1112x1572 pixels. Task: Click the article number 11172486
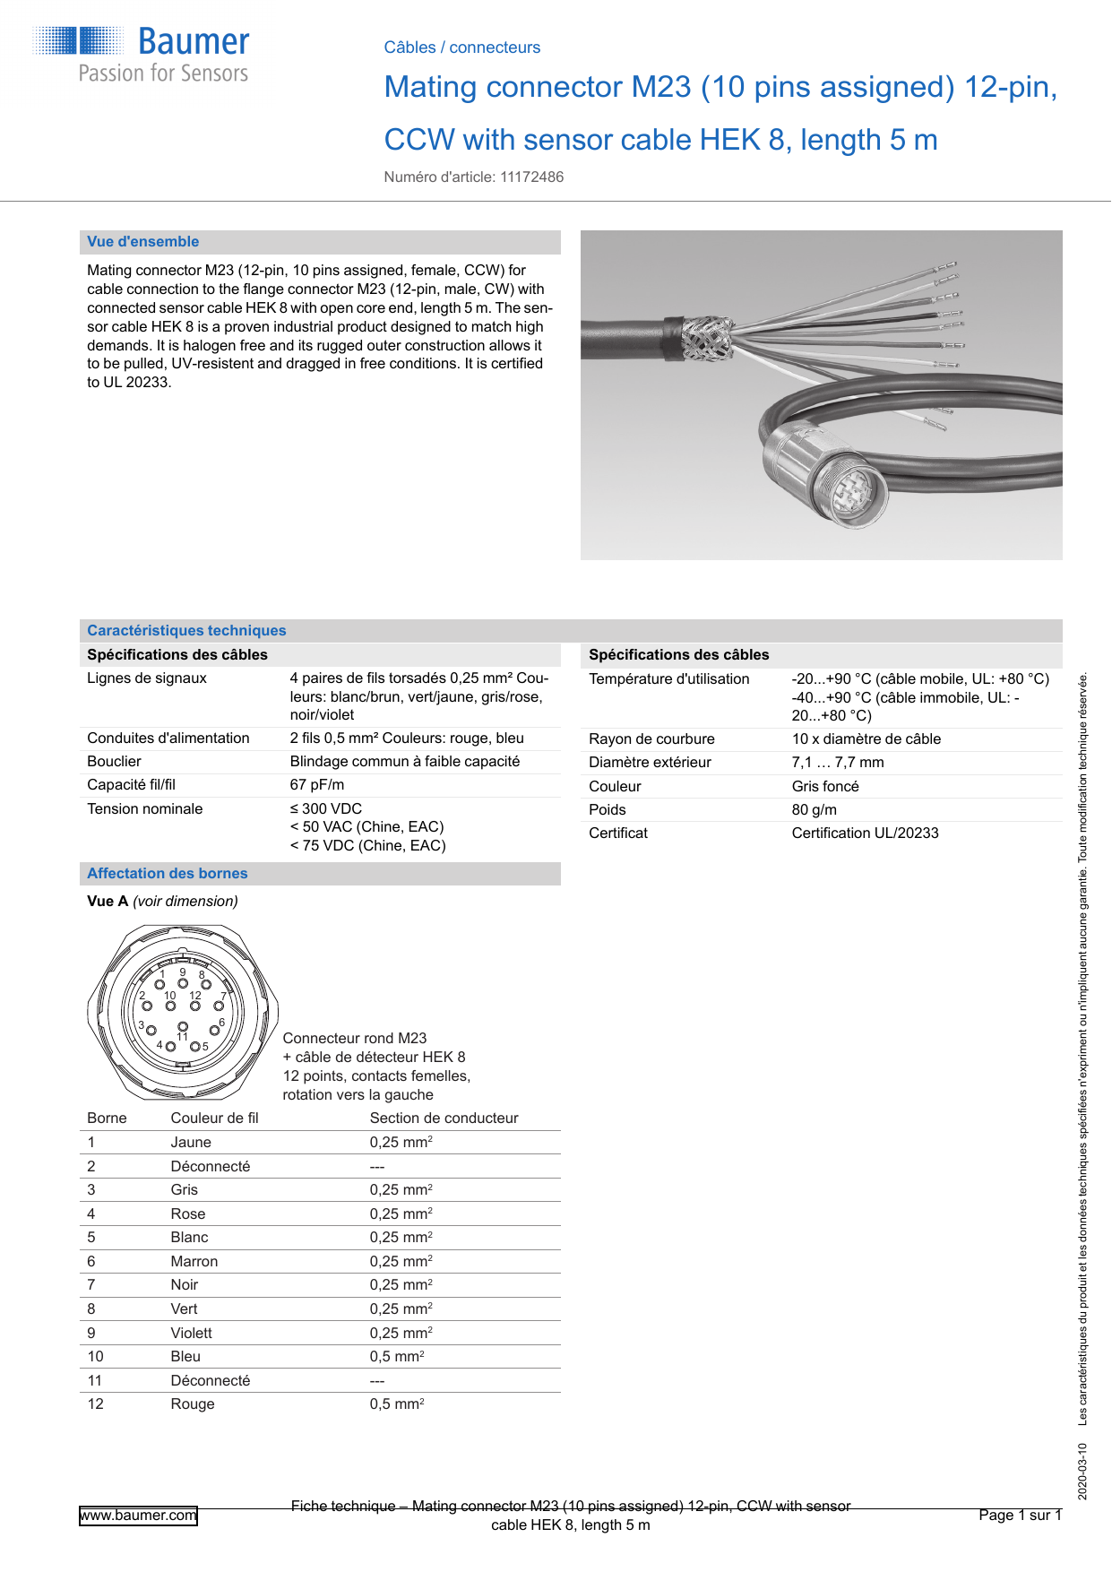[x=531, y=177]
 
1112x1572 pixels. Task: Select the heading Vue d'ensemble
[x=143, y=242]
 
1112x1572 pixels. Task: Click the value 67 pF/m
[x=316, y=785]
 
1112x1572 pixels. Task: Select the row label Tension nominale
[x=144, y=809]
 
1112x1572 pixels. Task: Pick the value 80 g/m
[x=814, y=810]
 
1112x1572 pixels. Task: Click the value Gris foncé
[x=824, y=787]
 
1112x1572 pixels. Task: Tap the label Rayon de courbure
[x=651, y=739]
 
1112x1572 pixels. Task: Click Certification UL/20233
[x=865, y=834]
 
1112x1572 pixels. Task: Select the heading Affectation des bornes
[x=168, y=874]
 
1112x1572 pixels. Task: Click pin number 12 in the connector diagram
[x=195, y=996]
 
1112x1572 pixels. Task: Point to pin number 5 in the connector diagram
[x=204, y=1046]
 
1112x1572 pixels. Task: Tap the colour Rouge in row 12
[x=193, y=1404]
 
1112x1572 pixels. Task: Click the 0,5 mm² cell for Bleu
[x=397, y=1357]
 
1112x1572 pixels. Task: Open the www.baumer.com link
[x=138, y=1516]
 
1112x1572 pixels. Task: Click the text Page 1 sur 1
[x=1020, y=1516]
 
